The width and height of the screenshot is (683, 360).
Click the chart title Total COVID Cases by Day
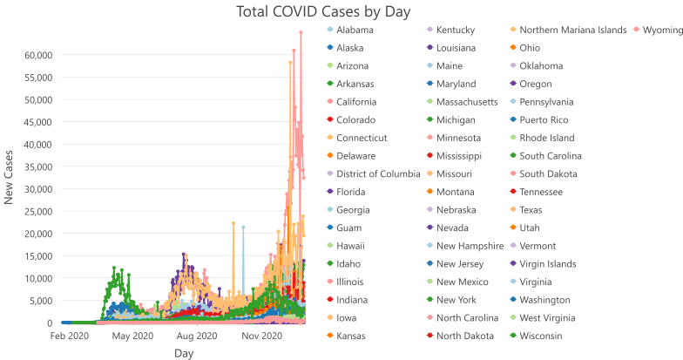[x=323, y=11]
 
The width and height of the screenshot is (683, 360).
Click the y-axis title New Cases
[x=10, y=176]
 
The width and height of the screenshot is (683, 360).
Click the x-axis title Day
[x=184, y=353]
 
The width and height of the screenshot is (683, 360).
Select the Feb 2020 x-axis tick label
[x=70, y=336]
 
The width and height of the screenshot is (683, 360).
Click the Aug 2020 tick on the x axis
[x=197, y=336]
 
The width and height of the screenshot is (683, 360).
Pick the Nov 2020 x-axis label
[x=262, y=336]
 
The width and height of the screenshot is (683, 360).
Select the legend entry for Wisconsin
[x=544, y=336]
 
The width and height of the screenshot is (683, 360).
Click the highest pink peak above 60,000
[x=301, y=33]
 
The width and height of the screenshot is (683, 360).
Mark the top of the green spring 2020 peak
[x=113, y=268]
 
